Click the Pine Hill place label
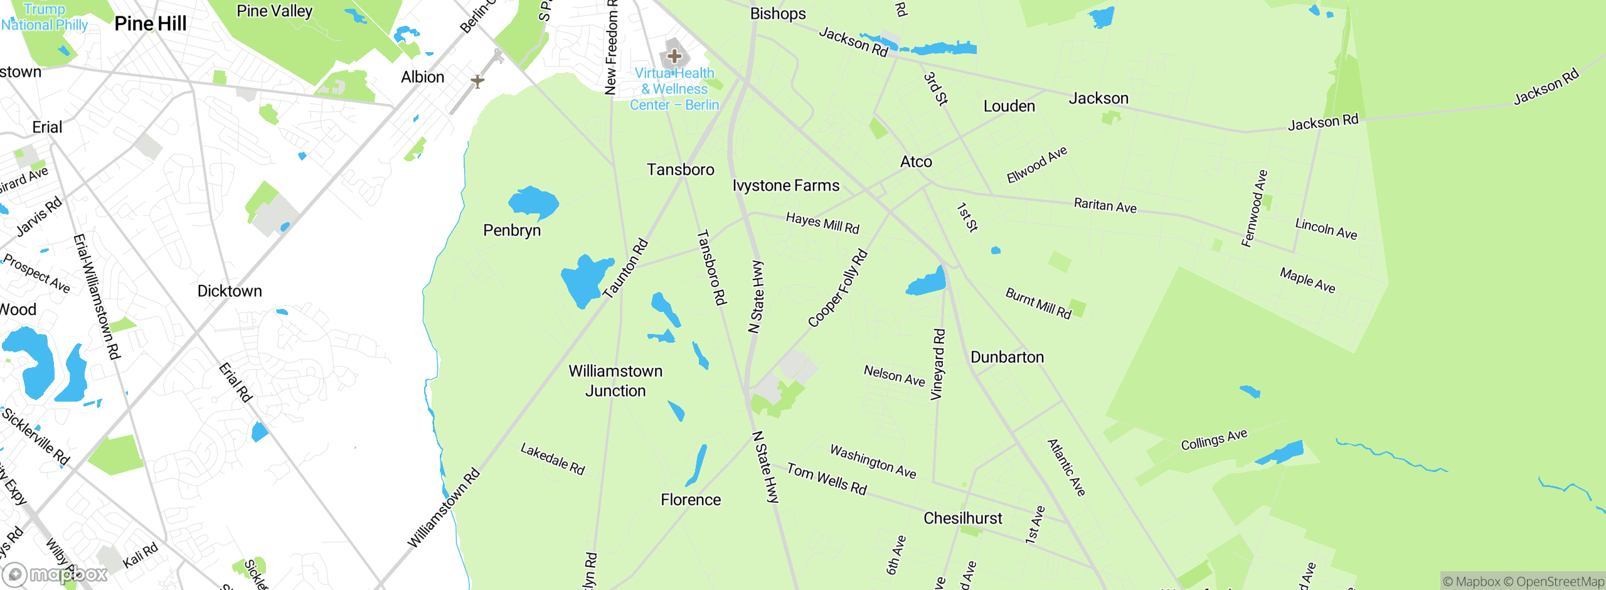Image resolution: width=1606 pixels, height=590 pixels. (151, 24)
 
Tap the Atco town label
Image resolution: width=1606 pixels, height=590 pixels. (916, 162)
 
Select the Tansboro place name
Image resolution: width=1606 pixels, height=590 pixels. (681, 169)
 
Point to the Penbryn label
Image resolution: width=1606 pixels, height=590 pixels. (512, 230)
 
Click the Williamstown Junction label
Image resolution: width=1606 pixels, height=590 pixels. (615, 381)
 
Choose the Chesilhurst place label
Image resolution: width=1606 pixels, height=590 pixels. (963, 518)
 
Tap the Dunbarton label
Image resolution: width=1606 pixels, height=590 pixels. (1007, 357)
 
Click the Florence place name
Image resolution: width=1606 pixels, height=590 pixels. (691, 500)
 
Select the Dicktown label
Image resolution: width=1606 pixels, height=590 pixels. (230, 291)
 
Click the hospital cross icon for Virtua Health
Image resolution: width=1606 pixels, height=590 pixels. (674, 56)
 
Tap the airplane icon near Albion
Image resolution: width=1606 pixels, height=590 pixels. (477, 81)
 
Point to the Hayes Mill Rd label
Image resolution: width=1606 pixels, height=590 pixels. (822, 223)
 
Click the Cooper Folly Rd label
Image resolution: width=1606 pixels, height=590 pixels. (838, 289)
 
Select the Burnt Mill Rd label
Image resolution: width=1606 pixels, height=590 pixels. (1038, 303)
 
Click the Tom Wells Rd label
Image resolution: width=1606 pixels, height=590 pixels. (827, 479)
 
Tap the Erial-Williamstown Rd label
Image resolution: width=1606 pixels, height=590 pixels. (97, 296)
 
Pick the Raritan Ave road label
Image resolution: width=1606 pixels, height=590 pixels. (1105, 205)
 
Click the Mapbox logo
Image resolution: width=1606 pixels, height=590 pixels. (55, 574)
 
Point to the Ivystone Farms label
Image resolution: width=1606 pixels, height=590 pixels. (786, 186)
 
